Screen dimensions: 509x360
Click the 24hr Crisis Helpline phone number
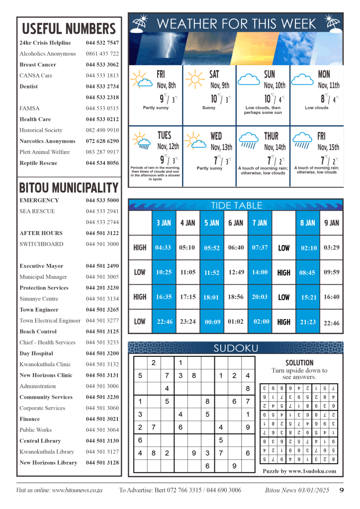coord(102,43)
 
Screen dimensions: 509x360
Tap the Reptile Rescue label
coord(38,163)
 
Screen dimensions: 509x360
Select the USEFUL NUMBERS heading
coord(69,28)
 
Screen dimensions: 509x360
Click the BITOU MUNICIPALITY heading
coord(69,188)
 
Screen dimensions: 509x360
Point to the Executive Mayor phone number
coord(102,266)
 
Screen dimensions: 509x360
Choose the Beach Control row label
coord(38,332)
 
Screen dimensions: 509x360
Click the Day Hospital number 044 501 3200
coord(102,353)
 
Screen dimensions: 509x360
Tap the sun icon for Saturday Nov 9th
coord(195,79)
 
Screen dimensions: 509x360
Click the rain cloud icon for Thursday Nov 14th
coord(248,140)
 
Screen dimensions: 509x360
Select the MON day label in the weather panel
coord(324,74)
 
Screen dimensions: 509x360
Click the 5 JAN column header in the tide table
coord(212,223)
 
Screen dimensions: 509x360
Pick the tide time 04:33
coord(163,248)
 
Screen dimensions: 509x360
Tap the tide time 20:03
coord(260,297)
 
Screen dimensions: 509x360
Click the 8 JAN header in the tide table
coord(308,223)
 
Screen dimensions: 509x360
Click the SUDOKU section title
coord(236,348)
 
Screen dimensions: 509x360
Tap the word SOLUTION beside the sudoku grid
coord(299,363)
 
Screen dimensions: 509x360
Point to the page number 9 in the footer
coord(342,490)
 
